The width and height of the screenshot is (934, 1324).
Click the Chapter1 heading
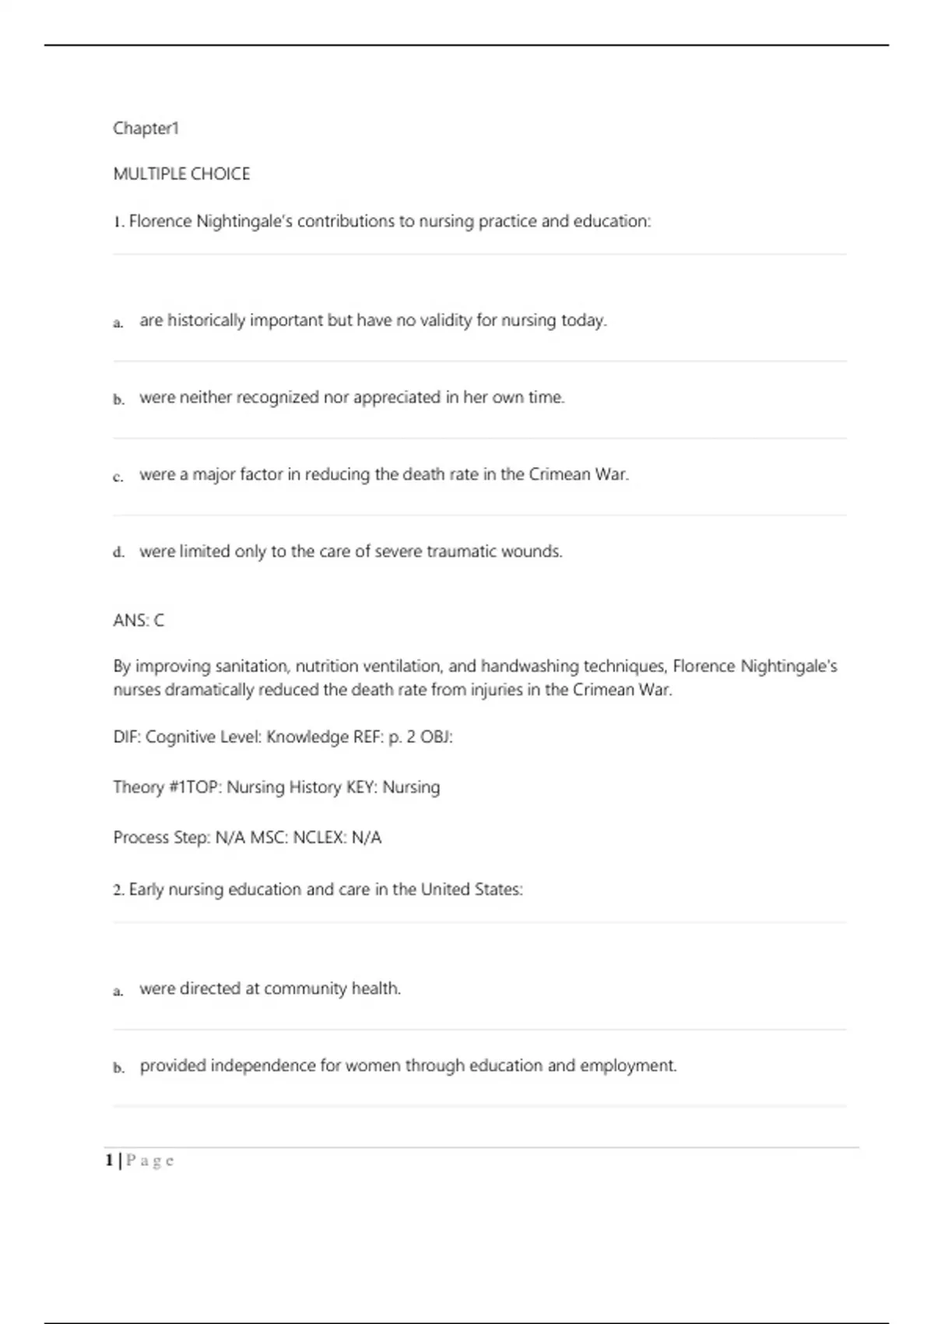click(x=146, y=129)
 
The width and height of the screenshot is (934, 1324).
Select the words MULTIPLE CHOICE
click(x=181, y=174)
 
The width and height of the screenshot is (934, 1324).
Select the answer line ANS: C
click(x=139, y=621)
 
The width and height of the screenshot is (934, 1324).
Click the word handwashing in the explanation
click(x=529, y=667)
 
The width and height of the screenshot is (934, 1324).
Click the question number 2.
click(x=118, y=890)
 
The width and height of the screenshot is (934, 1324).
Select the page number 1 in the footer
click(x=109, y=1160)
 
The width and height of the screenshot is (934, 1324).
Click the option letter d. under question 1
click(x=118, y=553)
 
